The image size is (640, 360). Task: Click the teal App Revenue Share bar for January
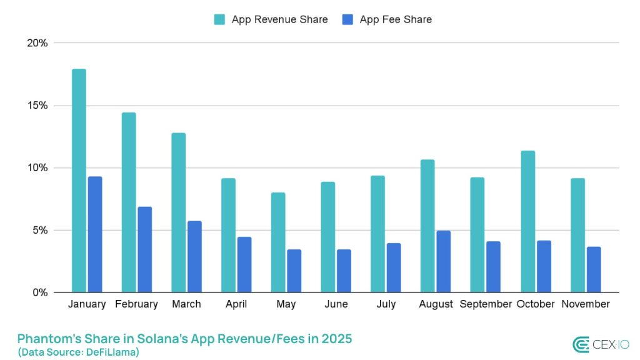(x=79, y=181)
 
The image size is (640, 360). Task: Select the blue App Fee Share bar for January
(x=95, y=234)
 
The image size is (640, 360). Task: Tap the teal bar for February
(x=129, y=202)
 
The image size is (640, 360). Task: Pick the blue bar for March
(x=194, y=256)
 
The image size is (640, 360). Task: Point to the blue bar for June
(x=344, y=271)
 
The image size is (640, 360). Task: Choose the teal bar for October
(x=527, y=222)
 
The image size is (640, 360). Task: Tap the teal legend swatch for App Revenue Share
(x=219, y=19)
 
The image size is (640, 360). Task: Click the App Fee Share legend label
(x=396, y=19)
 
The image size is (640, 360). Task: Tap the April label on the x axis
(x=236, y=304)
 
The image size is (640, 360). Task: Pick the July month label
(x=386, y=304)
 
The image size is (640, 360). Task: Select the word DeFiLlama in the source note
(x=111, y=352)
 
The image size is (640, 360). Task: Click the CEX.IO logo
(x=601, y=344)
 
